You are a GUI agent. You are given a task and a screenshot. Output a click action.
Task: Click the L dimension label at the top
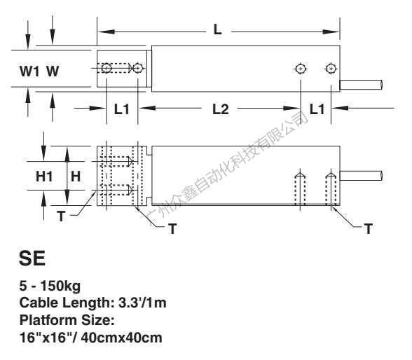(217, 29)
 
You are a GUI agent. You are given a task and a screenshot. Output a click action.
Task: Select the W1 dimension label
(29, 71)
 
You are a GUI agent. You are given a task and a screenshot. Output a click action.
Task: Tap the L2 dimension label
(221, 109)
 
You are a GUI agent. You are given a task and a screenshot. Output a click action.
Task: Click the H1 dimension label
(44, 176)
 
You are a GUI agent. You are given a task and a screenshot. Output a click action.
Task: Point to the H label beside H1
(76, 176)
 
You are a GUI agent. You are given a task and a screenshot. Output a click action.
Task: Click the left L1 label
(122, 109)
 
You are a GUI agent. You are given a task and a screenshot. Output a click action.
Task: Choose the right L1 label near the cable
(317, 109)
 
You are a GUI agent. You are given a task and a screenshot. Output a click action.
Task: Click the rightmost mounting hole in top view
(331, 69)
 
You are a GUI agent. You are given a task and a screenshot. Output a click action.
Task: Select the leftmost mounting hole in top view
(107, 68)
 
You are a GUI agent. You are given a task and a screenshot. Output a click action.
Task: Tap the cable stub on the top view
(361, 85)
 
